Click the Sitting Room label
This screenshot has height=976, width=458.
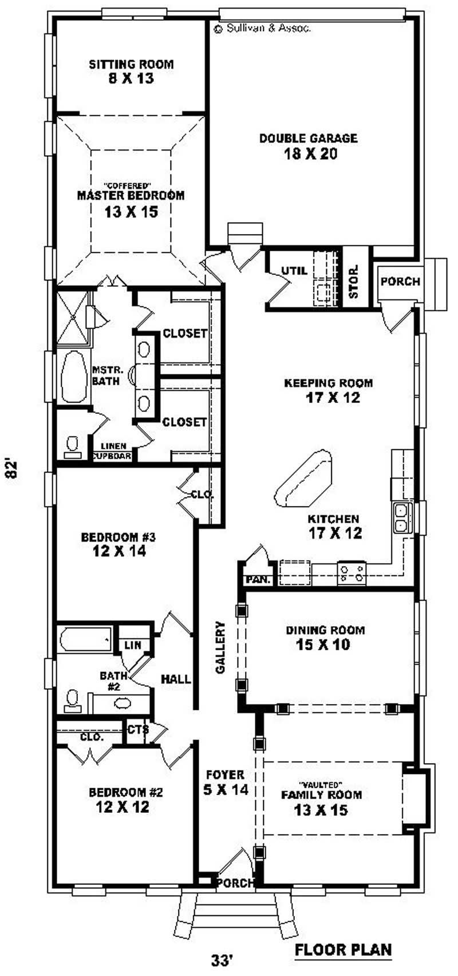131,65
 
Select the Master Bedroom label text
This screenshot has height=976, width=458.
131,195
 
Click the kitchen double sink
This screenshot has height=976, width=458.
402,517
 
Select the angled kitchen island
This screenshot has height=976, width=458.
303,479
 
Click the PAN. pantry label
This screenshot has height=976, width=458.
258,580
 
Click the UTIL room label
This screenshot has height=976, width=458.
294,271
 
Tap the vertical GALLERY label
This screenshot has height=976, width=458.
221,647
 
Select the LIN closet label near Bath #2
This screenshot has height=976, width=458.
132,645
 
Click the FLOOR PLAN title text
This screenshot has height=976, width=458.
343,950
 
